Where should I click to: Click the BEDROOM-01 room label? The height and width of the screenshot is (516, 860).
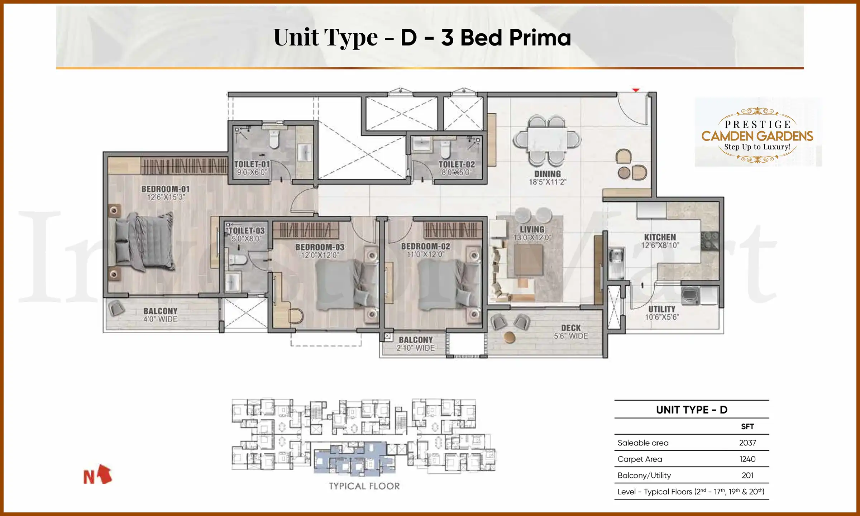pos(165,189)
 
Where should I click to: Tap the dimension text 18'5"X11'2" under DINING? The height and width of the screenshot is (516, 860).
pos(547,182)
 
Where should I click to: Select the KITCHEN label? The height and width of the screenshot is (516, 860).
pos(660,237)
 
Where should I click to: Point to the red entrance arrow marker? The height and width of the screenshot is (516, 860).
pos(635,90)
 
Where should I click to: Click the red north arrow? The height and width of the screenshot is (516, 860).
pos(104,474)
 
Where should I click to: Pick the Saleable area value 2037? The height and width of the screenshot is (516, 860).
pos(747,443)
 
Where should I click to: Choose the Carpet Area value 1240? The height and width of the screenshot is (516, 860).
pos(747,459)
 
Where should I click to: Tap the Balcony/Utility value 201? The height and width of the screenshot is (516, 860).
pos(747,476)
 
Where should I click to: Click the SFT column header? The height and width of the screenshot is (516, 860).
pos(747,426)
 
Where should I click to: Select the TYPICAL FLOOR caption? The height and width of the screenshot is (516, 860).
pos(364,486)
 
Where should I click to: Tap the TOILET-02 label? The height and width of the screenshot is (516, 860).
pos(457,164)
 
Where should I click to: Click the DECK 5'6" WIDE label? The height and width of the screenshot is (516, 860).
pos(570,332)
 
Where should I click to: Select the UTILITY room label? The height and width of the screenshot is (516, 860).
pos(661,309)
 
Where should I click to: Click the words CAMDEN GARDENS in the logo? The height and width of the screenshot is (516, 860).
pos(757,136)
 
